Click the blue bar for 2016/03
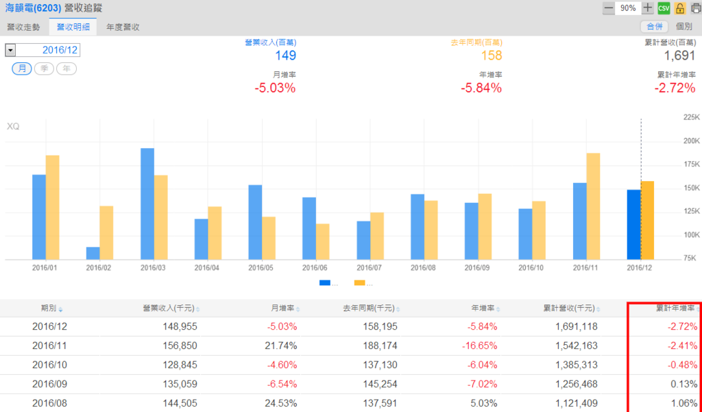point(147,204)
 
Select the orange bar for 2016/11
point(593,206)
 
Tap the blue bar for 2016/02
point(93,253)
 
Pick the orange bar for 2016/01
point(52,207)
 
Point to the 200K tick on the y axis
point(690,141)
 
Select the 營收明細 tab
point(73,27)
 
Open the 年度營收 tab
point(123,27)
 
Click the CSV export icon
point(664,8)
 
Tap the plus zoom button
point(648,8)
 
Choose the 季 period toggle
point(45,69)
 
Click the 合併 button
point(654,27)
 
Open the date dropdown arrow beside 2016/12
point(10,51)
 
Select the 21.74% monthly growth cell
point(281,346)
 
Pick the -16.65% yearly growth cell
point(479,346)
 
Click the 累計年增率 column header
point(675,308)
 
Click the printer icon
point(694,8)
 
